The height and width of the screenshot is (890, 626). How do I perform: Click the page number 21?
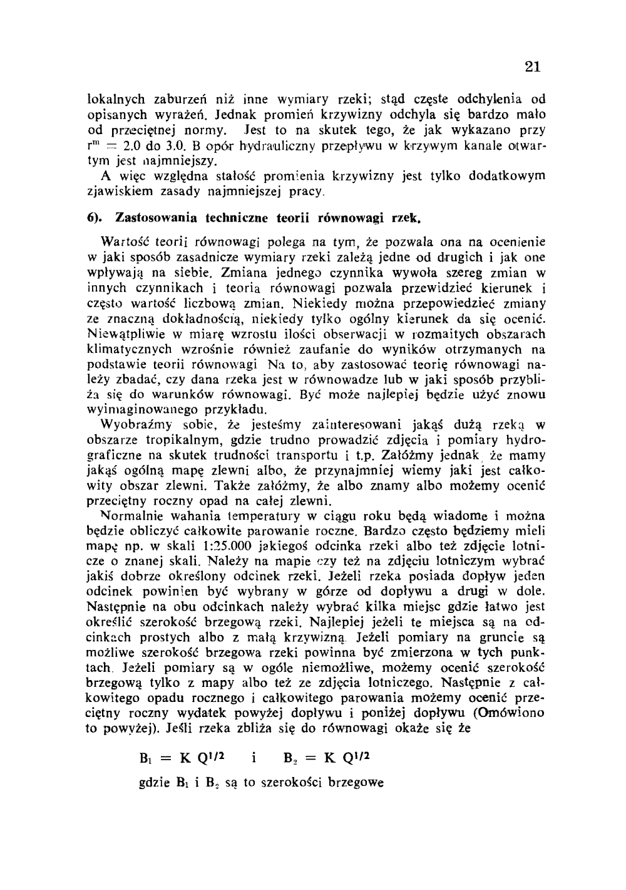[x=532, y=67]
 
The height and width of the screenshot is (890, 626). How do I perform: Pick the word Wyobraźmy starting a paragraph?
[x=131, y=426]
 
